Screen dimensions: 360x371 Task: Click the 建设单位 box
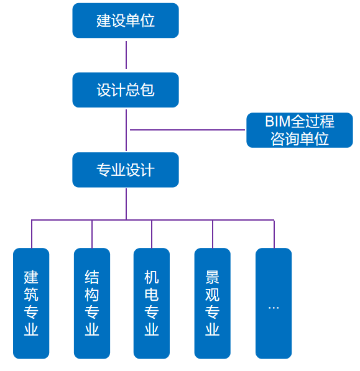(126, 21)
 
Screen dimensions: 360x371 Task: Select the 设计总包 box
(126, 90)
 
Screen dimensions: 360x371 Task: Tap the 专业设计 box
(126, 170)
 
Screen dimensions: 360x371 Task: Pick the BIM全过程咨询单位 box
(300, 130)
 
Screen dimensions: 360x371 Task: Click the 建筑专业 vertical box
(31, 303)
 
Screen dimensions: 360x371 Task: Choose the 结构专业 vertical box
(92, 303)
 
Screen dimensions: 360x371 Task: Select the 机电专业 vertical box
(152, 303)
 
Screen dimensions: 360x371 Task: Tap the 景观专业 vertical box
(212, 303)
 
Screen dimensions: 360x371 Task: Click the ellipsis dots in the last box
(274, 308)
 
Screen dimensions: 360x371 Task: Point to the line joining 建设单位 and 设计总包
(126, 55)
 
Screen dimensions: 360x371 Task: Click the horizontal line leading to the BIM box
(187, 130)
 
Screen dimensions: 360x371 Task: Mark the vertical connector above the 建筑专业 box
(32, 234)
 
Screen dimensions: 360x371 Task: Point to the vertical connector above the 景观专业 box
(213, 234)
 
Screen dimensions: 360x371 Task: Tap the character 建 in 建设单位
(103, 21)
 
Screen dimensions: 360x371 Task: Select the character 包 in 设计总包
(147, 90)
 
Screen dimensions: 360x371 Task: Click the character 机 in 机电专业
(152, 277)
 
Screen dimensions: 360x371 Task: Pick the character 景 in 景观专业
(212, 277)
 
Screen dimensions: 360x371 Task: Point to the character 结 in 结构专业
(92, 277)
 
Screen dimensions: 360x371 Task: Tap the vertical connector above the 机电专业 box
(152, 234)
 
